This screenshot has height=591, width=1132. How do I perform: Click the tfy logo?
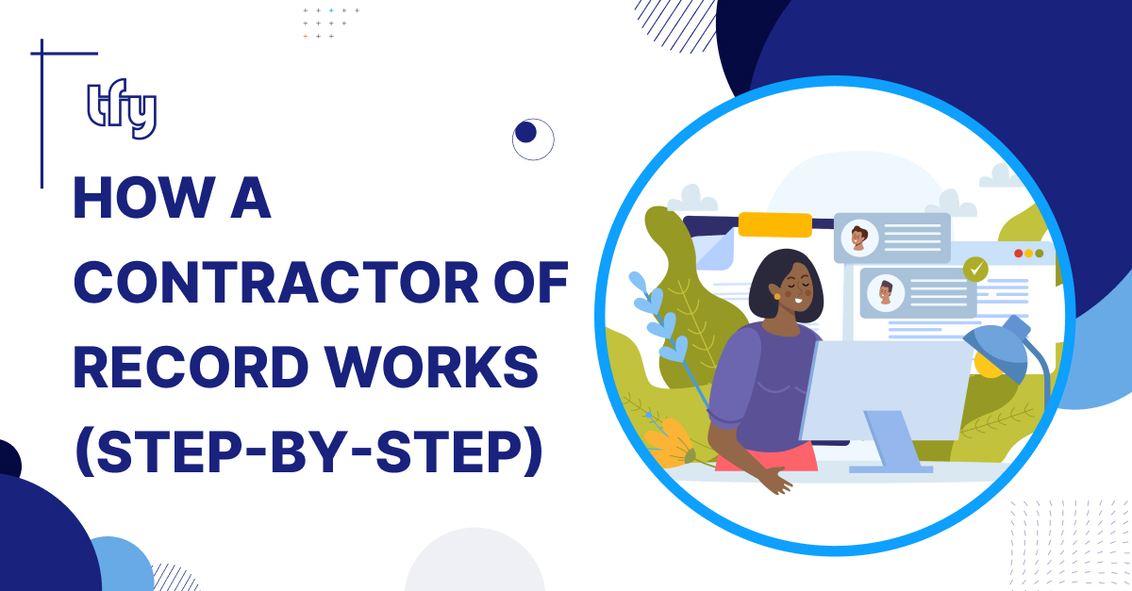coord(122,108)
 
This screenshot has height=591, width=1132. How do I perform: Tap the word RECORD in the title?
coord(191,367)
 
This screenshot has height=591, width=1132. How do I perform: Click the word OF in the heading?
coord(531,282)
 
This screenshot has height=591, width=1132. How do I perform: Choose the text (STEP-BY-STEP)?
coord(308,452)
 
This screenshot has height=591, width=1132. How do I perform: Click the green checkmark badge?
coord(975,270)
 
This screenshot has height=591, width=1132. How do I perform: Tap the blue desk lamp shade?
coord(998,349)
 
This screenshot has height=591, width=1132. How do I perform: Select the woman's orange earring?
coord(776,296)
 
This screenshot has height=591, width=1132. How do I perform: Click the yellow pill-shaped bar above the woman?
coord(774,224)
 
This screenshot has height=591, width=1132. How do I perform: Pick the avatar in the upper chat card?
coord(859,238)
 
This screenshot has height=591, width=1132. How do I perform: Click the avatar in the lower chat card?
coord(886,293)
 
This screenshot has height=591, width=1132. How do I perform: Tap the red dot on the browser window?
coord(1018,253)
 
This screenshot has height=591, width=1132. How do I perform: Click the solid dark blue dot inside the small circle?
coord(525,132)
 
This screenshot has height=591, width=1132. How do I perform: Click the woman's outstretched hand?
coord(775,480)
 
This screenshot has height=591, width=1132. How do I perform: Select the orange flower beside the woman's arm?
coord(667,443)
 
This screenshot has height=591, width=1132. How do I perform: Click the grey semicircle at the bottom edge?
coord(474,561)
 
